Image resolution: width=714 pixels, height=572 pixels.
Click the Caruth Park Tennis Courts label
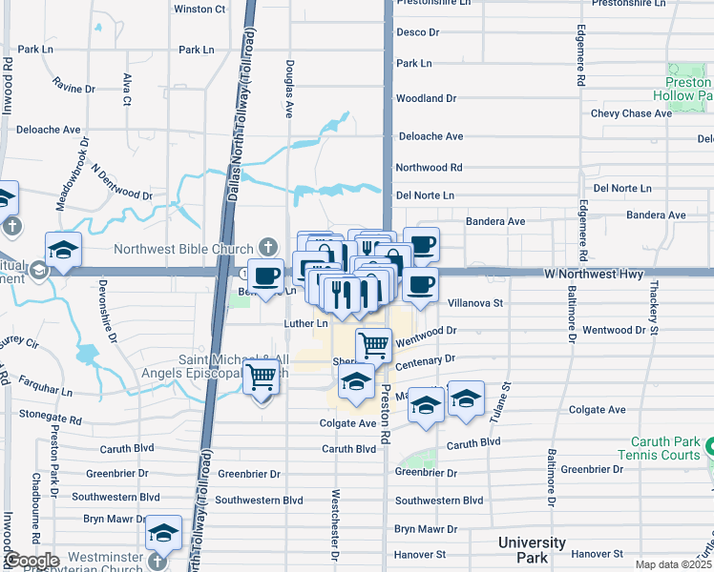point(666,449)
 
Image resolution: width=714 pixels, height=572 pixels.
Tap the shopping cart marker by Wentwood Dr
point(374,343)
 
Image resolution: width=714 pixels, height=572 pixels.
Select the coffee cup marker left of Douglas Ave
point(266,276)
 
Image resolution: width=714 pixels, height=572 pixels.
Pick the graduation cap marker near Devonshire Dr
point(63,250)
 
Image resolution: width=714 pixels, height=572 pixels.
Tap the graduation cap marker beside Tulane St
point(465,398)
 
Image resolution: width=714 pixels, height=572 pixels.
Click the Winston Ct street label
point(199,9)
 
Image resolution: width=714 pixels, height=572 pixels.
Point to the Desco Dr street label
point(417,32)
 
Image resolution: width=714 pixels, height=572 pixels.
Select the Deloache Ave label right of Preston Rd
point(430,136)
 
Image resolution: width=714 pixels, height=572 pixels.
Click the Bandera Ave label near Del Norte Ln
point(495,221)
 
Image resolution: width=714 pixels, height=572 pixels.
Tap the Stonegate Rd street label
point(51,416)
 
